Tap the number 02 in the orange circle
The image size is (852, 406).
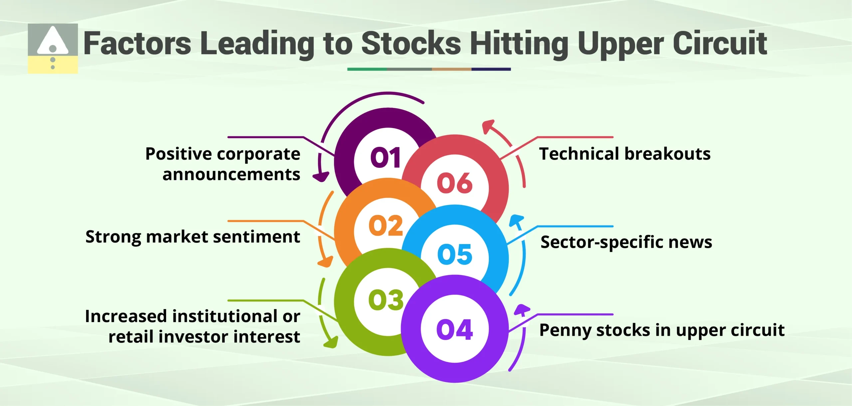coord(386,226)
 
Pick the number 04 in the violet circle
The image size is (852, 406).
coord(454,330)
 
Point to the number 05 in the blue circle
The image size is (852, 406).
coord(455,254)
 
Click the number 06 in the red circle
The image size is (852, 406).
coord(455,183)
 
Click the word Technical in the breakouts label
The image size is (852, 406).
coord(580,154)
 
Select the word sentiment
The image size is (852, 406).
coord(257,237)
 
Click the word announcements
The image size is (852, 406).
coord(231,174)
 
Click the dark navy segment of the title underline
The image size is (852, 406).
coord(491,69)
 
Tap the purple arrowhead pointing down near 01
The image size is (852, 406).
coord(321,177)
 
